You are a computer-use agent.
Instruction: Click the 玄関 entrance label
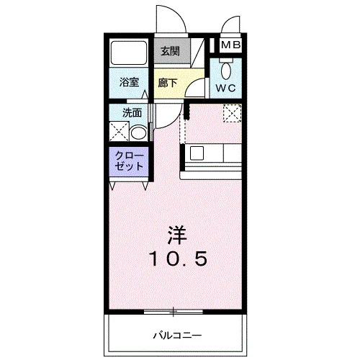pos(170,51)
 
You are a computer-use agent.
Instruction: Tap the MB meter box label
pos(230,45)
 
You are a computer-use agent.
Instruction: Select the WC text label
pos(226,89)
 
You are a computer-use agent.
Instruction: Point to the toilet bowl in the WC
pos(226,71)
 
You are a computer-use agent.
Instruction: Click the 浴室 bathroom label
pos(129,82)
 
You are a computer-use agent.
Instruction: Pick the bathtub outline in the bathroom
pos(129,53)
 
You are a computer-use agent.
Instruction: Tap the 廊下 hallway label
pos(168,83)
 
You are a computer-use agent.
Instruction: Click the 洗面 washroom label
pos(132,113)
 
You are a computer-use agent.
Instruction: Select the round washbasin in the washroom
pos(138,133)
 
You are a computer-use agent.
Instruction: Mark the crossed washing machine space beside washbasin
pos(120,132)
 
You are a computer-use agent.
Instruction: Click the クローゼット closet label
pos(129,161)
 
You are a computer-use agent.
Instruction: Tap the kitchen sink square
pos(197,153)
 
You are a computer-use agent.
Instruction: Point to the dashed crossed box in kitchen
pos(232,113)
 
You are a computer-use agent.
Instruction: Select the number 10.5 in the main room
pos(178,258)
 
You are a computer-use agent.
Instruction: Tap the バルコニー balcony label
pos(177,336)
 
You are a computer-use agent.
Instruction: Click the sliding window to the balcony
pos(174,312)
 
